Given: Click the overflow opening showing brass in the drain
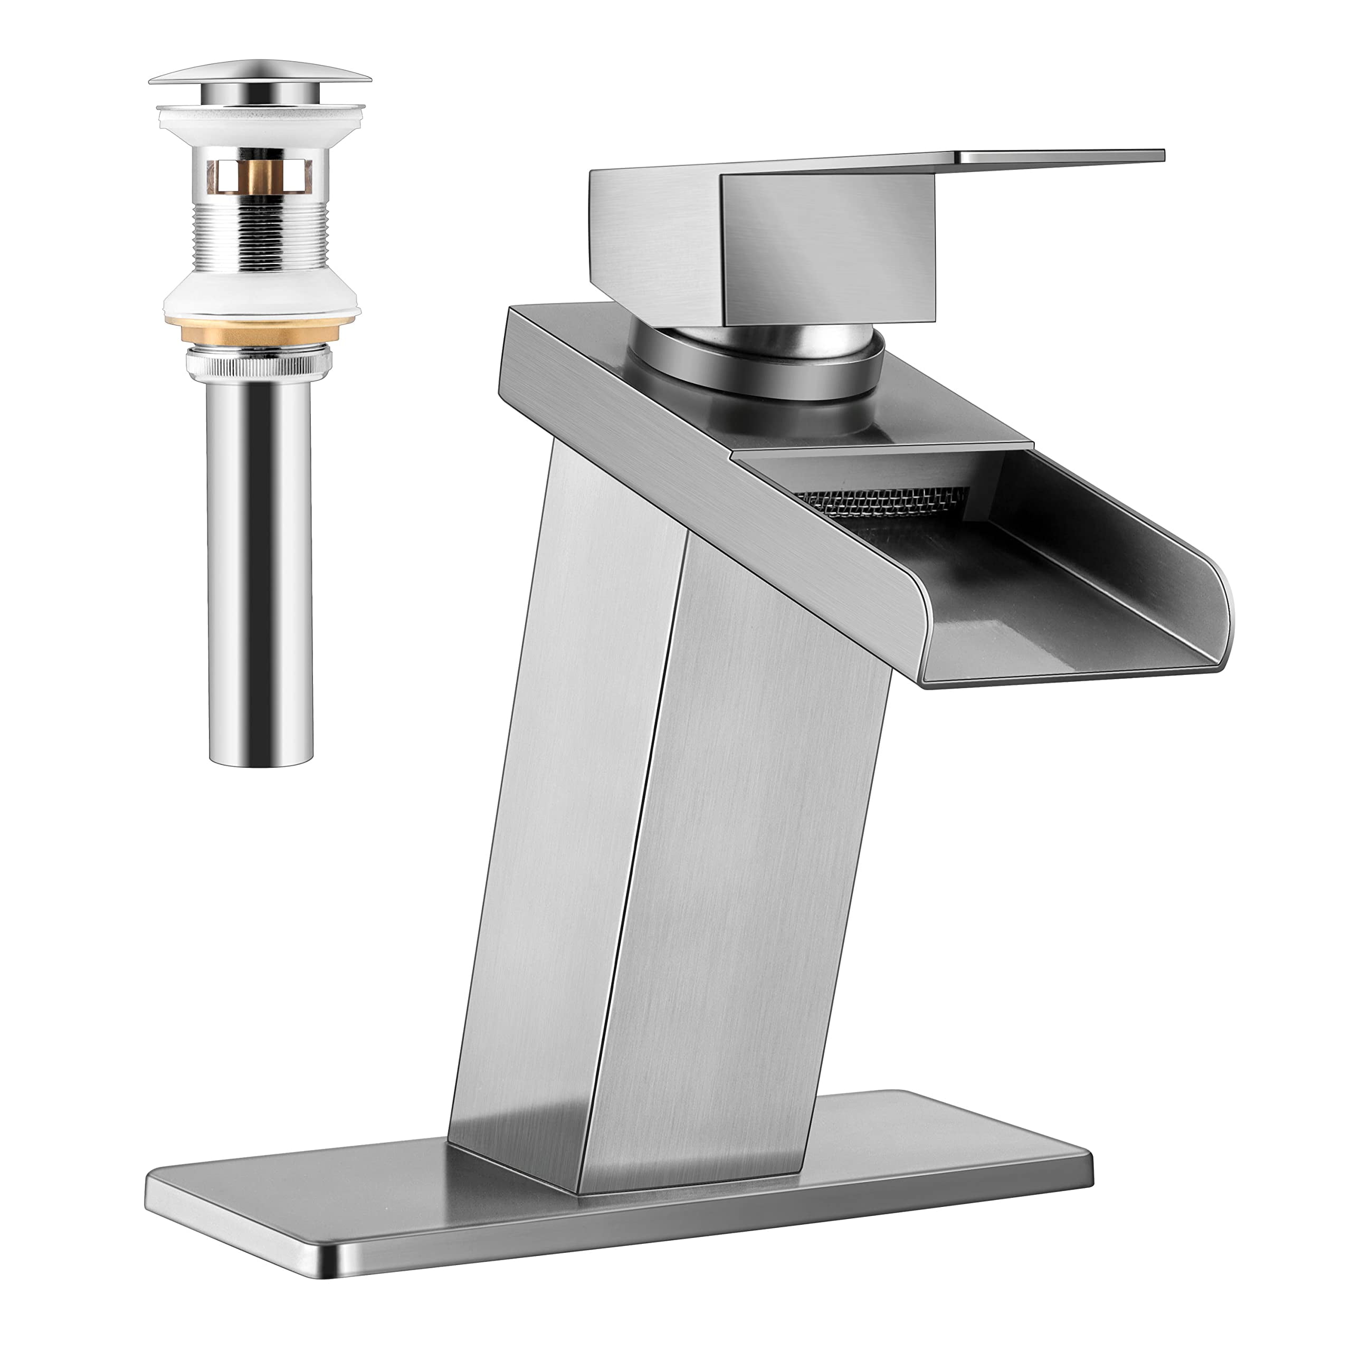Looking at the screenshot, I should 261,175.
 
